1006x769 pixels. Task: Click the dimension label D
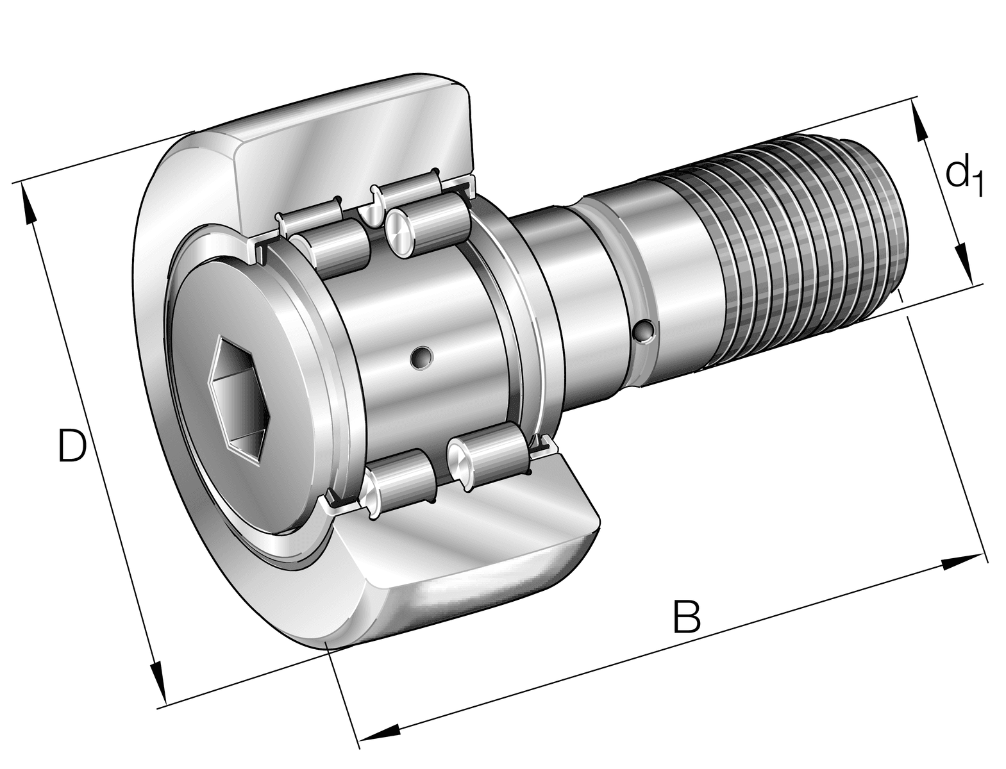(x=71, y=446)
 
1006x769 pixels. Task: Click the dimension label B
(x=687, y=616)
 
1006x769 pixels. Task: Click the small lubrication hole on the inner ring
(x=422, y=358)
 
